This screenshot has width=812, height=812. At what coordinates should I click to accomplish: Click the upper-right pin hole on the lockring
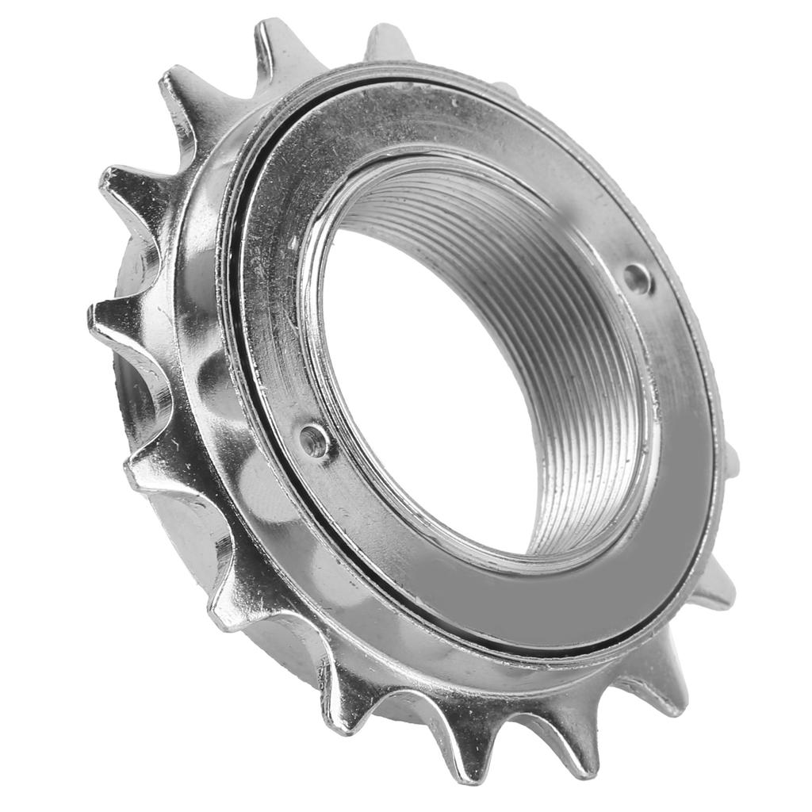pos(637,278)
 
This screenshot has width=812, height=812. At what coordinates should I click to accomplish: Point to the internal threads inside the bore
pos(579,373)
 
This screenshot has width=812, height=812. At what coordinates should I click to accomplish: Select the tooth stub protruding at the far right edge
pos(731,460)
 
